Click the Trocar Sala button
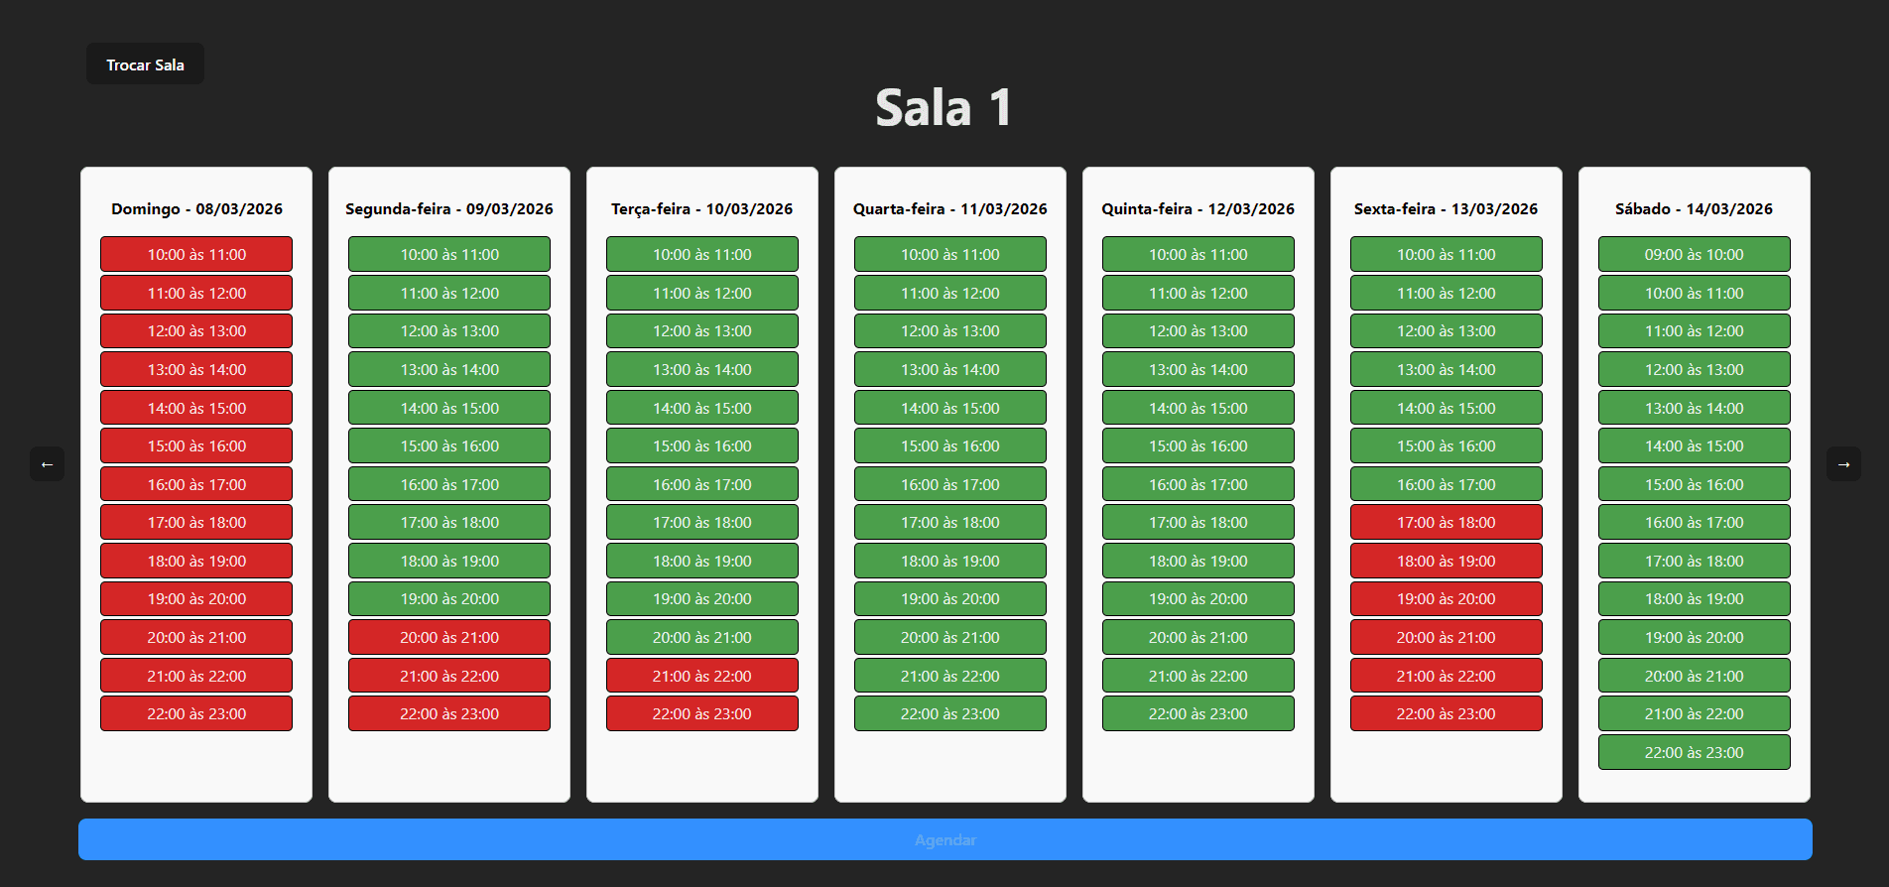coord(145,64)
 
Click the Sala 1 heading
coord(944,107)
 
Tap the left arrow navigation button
coord(47,464)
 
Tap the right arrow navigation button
coord(1843,464)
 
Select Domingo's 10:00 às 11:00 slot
coord(196,255)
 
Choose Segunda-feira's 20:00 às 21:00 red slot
coord(449,638)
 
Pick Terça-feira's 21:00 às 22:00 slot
coord(702,677)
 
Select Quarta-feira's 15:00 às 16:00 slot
coord(950,446)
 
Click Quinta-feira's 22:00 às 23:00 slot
coord(1198,714)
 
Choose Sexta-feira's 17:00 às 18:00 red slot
coord(1447,523)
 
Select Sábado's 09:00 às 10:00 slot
coord(1695,255)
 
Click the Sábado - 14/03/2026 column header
coord(1694,209)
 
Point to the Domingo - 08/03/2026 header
coord(196,209)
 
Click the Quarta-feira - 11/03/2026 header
coord(950,209)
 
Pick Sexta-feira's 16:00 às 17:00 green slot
coord(1447,485)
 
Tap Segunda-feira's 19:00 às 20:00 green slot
coord(449,599)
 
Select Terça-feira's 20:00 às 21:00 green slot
coord(702,638)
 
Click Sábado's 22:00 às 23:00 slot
coord(1695,753)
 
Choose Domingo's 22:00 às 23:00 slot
coord(196,714)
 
